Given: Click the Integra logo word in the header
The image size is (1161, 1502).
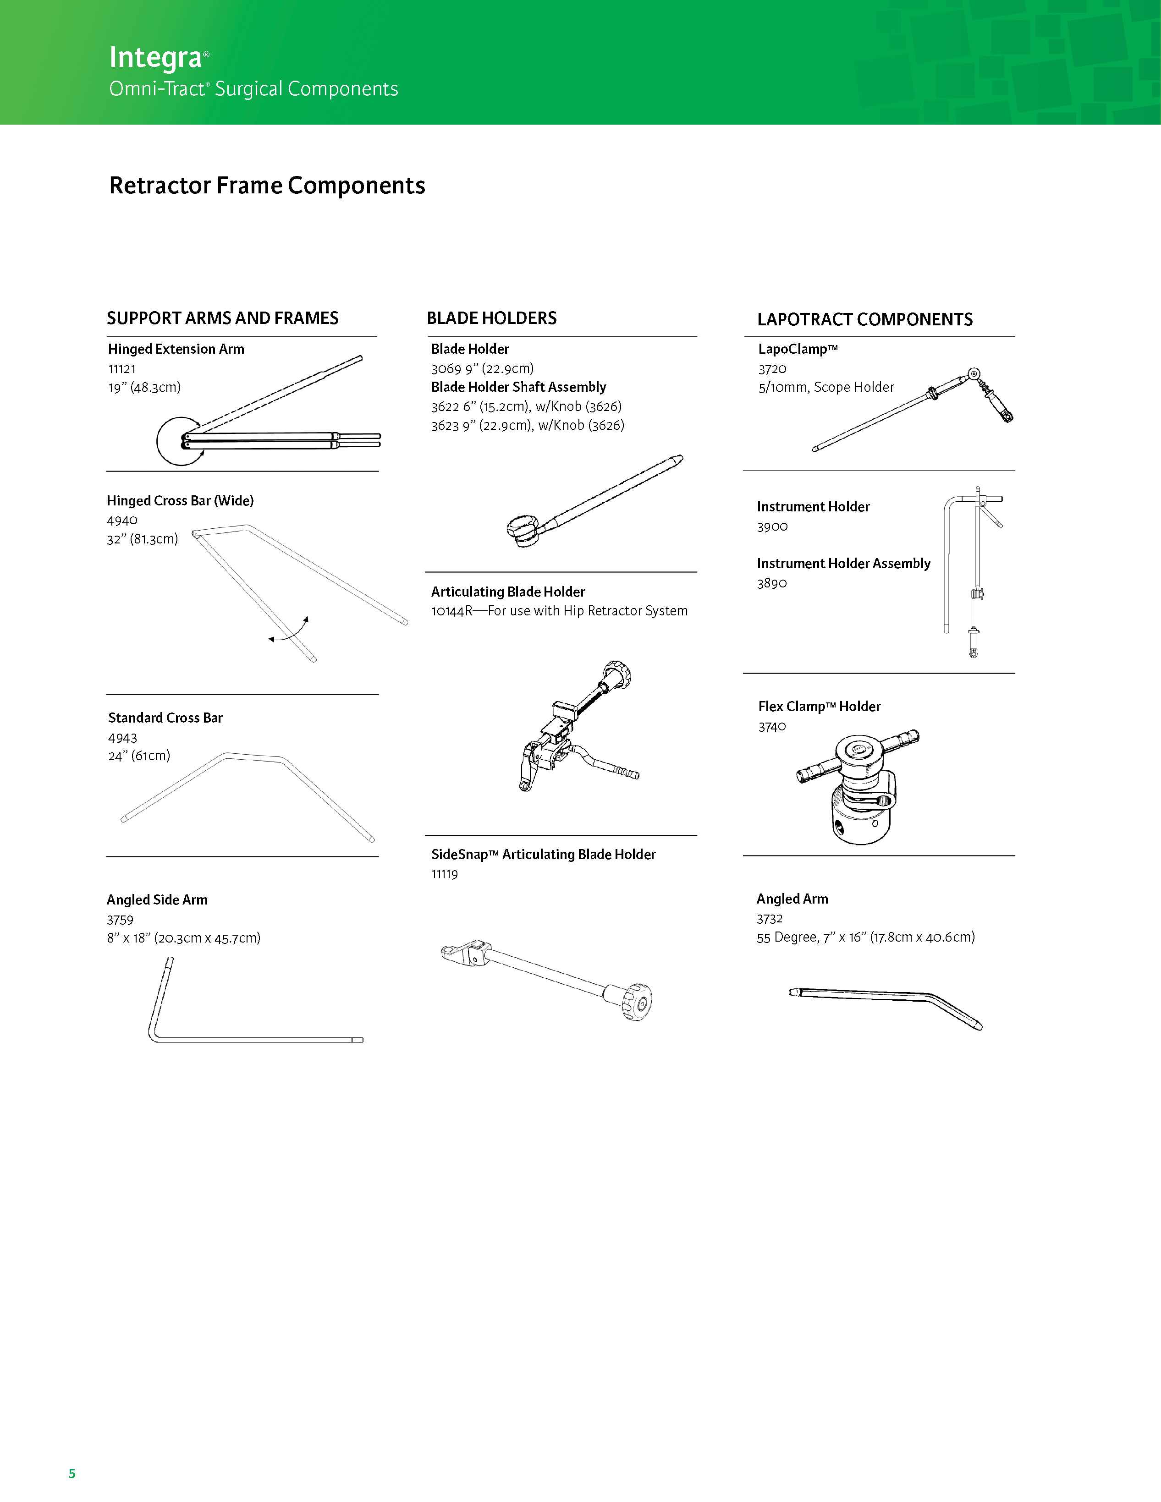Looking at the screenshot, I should pyautogui.click(x=156, y=58).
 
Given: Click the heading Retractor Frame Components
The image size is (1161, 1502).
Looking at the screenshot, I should pyautogui.click(x=267, y=186).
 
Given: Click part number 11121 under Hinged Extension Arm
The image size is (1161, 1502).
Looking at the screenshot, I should pyautogui.click(x=122, y=368).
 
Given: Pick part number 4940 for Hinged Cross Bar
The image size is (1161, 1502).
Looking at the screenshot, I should pyautogui.click(x=122, y=520).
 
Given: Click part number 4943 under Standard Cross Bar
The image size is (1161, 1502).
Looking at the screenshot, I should pyautogui.click(x=122, y=737).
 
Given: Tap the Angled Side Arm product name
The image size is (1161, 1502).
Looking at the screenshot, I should pyautogui.click(x=157, y=899).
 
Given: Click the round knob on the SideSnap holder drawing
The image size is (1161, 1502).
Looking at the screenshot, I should pyautogui.click(x=638, y=1001).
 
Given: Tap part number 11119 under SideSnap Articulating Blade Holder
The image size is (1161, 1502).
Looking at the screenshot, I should pyautogui.click(x=444, y=874).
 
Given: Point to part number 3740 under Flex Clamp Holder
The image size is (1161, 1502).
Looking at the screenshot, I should pyautogui.click(x=772, y=727).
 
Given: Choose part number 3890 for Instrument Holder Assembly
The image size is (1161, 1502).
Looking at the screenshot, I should pyautogui.click(x=772, y=583).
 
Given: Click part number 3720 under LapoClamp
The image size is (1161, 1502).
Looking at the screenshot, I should pyautogui.click(x=772, y=368).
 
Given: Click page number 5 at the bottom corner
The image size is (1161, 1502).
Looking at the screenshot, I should pyautogui.click(x=72, y=1473).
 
